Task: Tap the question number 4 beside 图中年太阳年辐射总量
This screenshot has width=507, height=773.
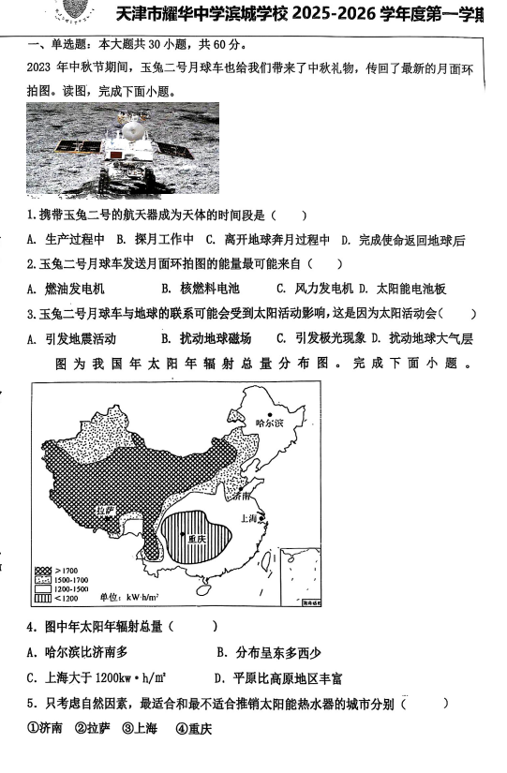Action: coord(31,626)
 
